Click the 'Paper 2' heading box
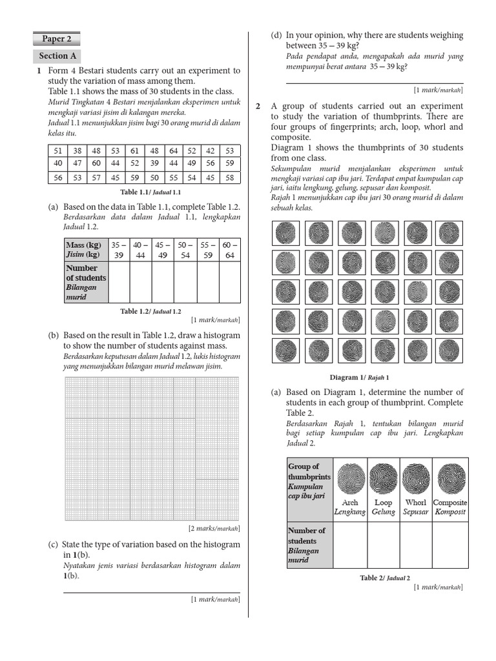coord(57,39)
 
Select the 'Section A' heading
coord(57,56)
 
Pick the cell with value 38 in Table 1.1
coord(77,151)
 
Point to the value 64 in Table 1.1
coord(173,151)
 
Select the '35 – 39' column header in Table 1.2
coord(119,250)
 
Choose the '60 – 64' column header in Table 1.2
coord(230,250)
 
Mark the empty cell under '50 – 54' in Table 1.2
coord(185,282)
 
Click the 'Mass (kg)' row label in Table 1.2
coord(85,250)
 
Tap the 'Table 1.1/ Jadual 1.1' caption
coord(150,192)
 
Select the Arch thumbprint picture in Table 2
coord(350,480)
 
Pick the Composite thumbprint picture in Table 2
coord(450,480)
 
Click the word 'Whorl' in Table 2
coord(416,502)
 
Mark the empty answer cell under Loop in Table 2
coord(384,545)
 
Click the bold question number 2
coord(258,107)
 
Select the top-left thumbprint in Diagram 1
coord(285,233)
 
